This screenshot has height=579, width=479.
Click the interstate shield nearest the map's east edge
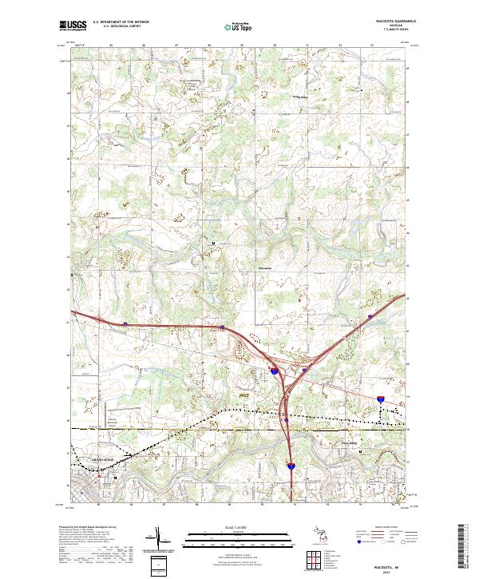click(380, 397)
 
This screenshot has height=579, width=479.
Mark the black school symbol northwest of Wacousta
click(212, 243)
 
